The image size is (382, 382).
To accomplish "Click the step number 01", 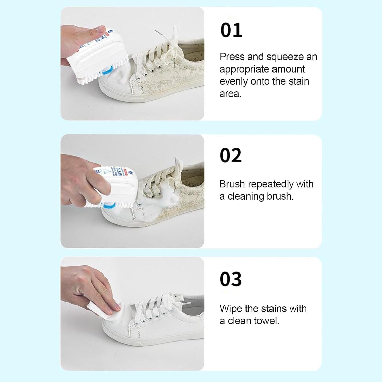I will (x=231, y=30).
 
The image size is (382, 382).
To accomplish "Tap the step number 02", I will (x=230, y=155).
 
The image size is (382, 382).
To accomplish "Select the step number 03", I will (x=230, y=279).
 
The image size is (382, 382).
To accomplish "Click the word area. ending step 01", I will (x=230, y=94).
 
